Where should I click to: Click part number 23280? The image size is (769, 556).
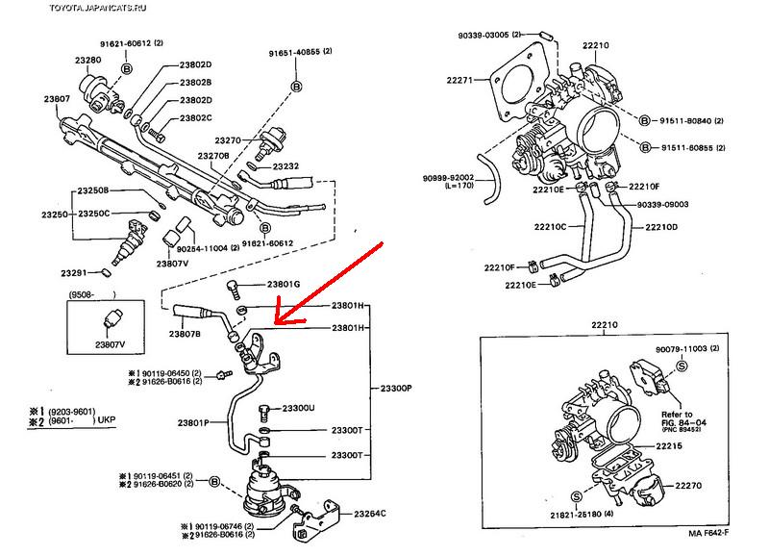90,59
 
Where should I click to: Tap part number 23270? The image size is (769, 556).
230,139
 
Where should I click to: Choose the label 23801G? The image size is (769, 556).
284,285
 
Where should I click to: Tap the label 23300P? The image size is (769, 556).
394,388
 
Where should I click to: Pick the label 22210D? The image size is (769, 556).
661,227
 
